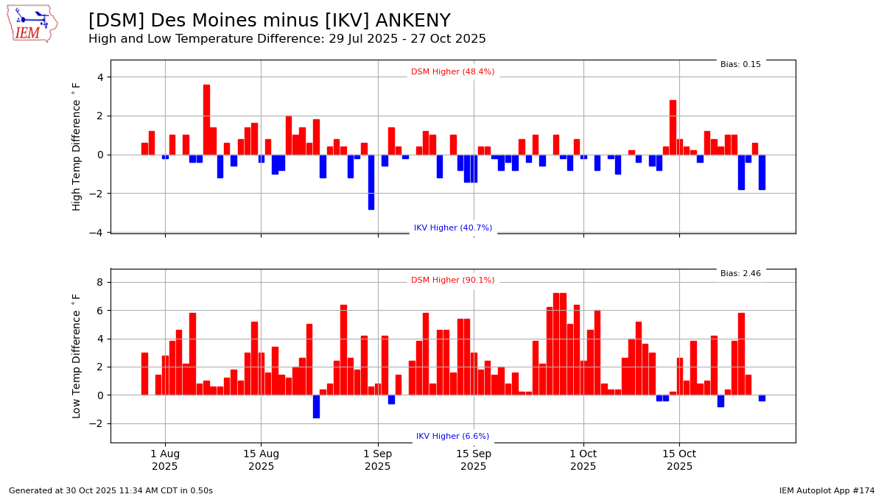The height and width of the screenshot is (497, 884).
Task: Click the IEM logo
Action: tap(32, 24)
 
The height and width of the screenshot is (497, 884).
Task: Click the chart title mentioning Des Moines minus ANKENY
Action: tap(269, 21)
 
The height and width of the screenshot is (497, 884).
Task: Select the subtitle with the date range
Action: tap(287, 39)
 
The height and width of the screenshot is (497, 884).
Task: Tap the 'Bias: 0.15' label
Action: tap(740, 65)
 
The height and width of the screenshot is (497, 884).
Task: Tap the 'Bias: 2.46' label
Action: tap(740, 274)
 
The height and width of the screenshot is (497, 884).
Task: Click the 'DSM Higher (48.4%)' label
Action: tap(452, 72)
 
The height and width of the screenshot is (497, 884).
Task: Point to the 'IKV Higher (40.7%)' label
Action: tap(452, 228)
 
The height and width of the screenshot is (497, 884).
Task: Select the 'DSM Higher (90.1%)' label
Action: tap(452, 281)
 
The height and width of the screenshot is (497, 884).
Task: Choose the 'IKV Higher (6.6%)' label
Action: tap(452, 437)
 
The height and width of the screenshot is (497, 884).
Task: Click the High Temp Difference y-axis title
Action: tap(77, 147)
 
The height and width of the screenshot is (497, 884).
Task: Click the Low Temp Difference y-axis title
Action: tap(77, 356)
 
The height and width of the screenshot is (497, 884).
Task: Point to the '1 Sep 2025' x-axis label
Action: tap(377, 460)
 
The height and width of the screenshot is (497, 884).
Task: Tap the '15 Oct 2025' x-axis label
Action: tap(679, 460)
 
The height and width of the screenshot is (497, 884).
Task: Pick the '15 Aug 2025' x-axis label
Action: tap(261, 460)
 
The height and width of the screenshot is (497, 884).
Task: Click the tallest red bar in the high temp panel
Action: tap(206, 119)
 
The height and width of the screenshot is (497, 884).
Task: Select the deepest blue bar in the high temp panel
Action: tap(371, 182)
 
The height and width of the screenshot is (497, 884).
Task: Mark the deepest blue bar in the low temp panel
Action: tap(316, 406)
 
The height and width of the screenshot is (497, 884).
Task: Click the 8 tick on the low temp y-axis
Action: tap(99, 283)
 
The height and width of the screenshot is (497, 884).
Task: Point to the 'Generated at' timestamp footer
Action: tap(110, 491)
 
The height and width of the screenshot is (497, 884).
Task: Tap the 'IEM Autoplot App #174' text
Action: tap(827, 491)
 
